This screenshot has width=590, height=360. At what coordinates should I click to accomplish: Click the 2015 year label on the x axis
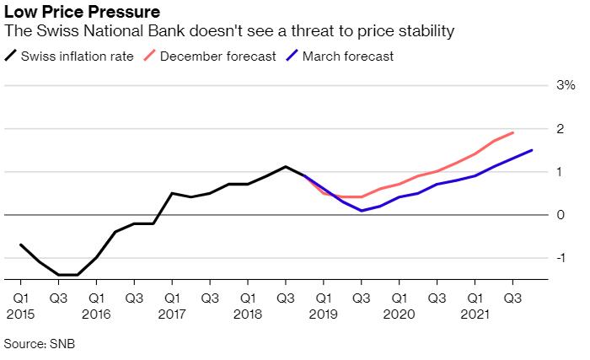point(19,314)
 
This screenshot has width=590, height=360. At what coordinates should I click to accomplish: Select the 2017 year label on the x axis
point(172,314)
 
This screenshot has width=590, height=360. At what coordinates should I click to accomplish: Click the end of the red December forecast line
point(513,132)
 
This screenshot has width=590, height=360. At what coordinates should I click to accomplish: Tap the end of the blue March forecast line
point(532,150)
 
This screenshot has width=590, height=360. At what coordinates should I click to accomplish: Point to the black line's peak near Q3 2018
point(286,166)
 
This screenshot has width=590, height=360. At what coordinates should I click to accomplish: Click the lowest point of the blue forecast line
point(361,211)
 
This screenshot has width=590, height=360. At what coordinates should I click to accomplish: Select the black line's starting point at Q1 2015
point(19,244)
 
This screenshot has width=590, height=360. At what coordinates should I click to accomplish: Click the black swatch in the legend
point(11,56)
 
